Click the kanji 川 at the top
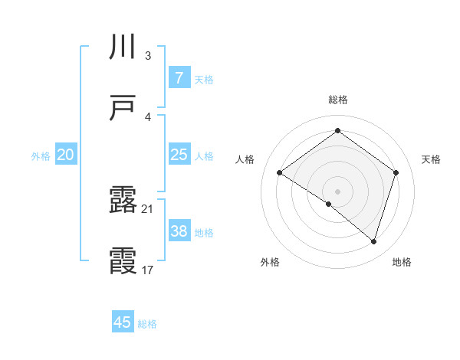tap(123, 48)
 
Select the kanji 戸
tap(123, 109)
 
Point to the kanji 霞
tap(123, 261)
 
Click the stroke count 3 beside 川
tap(147, 56)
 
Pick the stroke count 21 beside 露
tap(147, 208)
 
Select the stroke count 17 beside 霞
tap(147, 270)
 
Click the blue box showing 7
tap(179, 78)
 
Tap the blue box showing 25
tap(179, 155)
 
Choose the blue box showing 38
tap(179, 231)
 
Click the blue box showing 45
tap(123, 322)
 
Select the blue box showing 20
tap(65, 155)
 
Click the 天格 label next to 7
tap(204, 79)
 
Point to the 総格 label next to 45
tap(147, 324)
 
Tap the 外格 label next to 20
tap(41, 155)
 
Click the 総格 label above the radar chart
tap(337, 100)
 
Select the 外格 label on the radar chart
tap(270, 262)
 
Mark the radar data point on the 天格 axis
tap(396, 172)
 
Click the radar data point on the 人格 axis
tap(279, 172)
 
